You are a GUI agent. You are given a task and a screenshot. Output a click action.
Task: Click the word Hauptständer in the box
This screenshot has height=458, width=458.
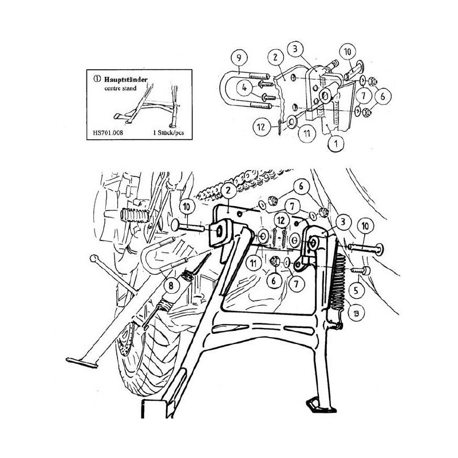pos(126,80)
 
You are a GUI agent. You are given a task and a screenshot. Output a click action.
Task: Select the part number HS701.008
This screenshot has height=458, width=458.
pos(108,133)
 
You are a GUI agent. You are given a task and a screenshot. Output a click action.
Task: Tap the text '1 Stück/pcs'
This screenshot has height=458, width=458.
pos(168,133)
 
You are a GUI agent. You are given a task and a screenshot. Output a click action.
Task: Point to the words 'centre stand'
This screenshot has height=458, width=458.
pos(120,88)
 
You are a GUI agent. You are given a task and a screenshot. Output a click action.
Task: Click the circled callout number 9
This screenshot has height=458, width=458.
pos(239,58)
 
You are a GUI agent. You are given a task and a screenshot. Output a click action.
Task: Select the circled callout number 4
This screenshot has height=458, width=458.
pos(245,88)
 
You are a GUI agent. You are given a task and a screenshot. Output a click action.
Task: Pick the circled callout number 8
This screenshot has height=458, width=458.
pos(171,285)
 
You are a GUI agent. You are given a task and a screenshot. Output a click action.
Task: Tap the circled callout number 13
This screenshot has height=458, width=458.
pos(356,313)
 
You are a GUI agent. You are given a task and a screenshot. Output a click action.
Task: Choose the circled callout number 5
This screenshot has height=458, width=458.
pos(356,290)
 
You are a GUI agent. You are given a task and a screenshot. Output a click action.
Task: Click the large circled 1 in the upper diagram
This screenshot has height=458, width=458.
pos(336,144)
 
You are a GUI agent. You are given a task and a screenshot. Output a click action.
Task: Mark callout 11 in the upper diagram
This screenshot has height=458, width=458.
pos(306,133)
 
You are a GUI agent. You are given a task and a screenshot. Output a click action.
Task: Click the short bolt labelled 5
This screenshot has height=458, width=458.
pos(361,270)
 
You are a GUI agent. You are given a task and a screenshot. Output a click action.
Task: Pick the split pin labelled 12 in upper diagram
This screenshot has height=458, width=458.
pos(280,127)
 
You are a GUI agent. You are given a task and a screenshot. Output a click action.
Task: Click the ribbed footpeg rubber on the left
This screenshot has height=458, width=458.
pos(135,215)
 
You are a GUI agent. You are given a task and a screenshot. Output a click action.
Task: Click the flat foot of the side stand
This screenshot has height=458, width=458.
pos(82,362)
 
